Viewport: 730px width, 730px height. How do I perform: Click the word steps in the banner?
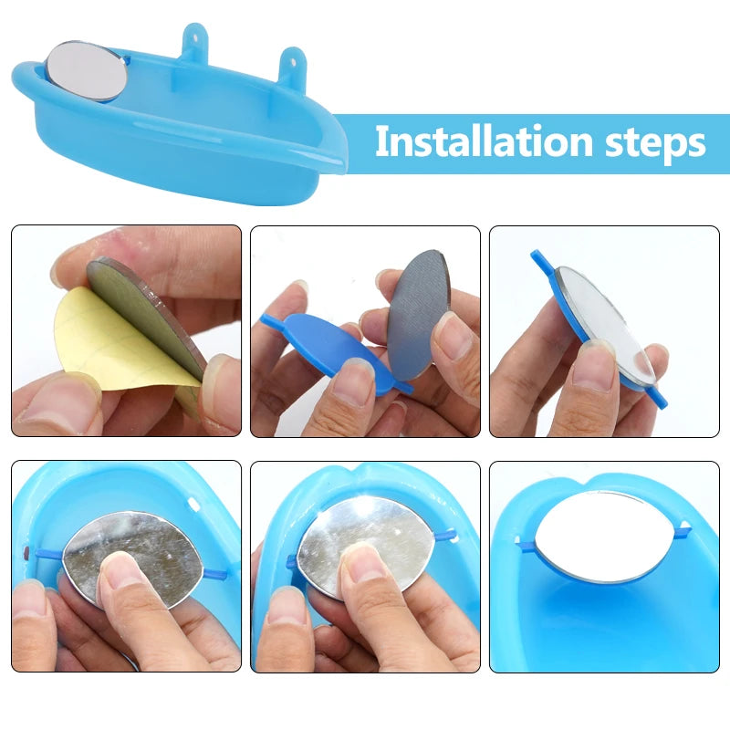pos(655,143)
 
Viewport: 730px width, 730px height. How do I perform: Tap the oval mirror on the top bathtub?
pos(87,71)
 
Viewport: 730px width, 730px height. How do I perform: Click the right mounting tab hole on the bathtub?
pos(293,60)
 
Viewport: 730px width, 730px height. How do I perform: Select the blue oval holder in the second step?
pos(331,350)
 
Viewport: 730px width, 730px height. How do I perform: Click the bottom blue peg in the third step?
pos(657,398)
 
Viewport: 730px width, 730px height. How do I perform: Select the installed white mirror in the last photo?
pos(606,536)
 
